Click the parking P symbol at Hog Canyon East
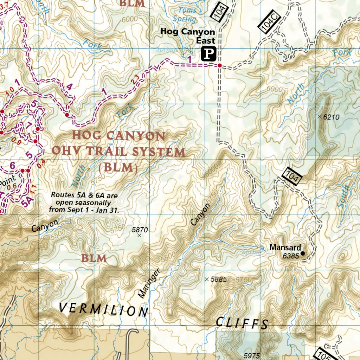coord(208,54)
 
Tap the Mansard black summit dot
coord(303,253)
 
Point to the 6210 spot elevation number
coord(331,117)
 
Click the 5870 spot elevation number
coord(140,230)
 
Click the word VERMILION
coord(103,309)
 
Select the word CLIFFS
coord(242,322)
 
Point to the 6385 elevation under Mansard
coord(291,256)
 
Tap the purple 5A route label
coord(27,202)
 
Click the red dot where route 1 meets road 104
coord(219,66)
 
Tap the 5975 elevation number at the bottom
coord(252,355)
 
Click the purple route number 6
coord(12,166)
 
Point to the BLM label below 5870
coord(94,259)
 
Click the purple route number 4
coord(69,87)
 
